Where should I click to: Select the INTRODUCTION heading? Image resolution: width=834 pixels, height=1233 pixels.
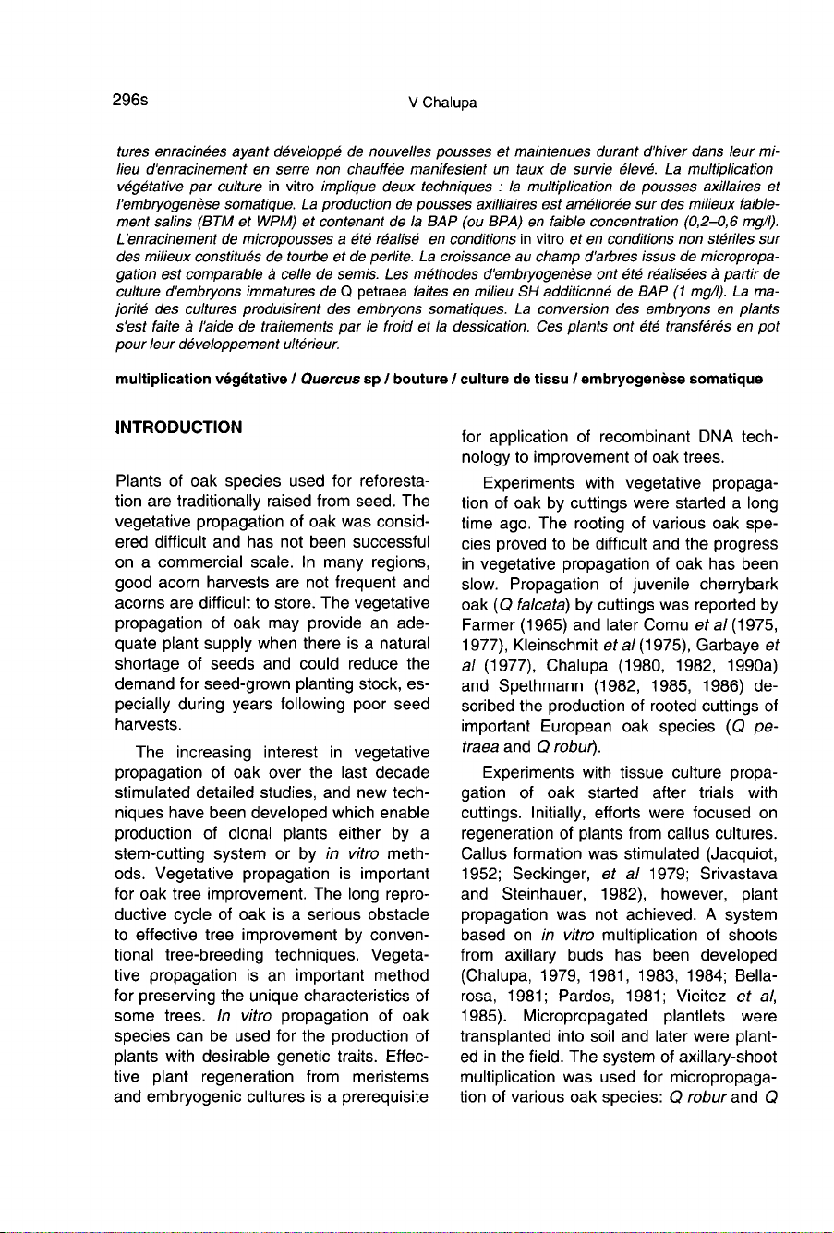click(179, 427)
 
